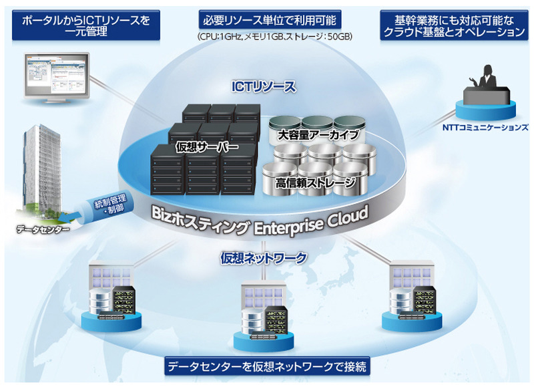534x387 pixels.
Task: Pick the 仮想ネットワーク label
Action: (264, 257)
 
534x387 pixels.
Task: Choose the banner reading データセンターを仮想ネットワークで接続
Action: (267, 367)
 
